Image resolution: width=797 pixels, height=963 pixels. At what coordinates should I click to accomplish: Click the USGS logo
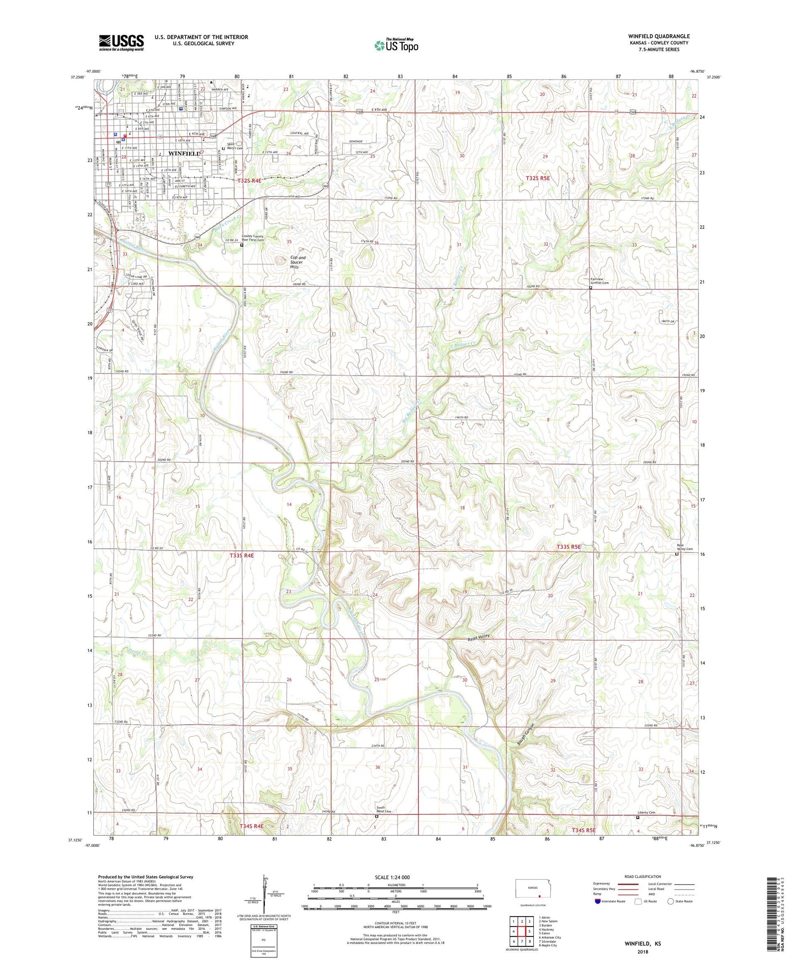[121, 42]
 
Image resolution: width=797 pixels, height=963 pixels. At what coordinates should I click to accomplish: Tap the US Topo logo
[396, 45]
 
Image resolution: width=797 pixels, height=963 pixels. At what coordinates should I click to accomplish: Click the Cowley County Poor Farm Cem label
[253, 238]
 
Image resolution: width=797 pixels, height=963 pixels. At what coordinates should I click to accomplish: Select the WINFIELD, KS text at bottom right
[643, 944]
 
